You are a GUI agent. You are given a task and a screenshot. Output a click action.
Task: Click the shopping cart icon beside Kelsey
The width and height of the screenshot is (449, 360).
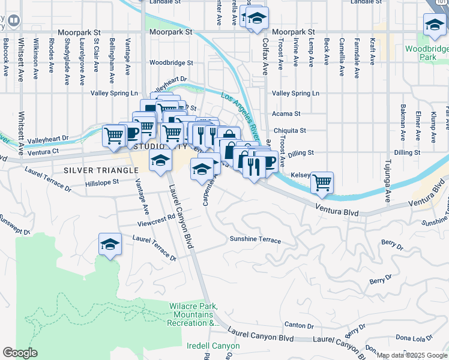322,182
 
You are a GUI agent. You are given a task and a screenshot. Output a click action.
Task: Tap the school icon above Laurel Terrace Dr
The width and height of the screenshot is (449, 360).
110,244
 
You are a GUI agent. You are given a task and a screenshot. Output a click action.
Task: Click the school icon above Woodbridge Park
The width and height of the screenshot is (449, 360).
433,25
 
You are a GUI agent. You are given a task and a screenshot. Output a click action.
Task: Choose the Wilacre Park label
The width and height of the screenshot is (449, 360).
192,315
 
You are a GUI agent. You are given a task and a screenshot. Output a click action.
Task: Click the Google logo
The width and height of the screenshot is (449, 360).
20,352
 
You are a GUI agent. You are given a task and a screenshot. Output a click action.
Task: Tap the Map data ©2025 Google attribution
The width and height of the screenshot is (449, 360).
412,355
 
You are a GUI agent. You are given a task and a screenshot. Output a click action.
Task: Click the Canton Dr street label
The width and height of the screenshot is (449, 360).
295,325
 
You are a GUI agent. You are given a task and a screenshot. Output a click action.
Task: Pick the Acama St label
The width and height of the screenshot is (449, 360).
286,113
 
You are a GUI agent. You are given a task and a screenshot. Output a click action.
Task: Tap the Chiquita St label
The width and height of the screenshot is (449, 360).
290,130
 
